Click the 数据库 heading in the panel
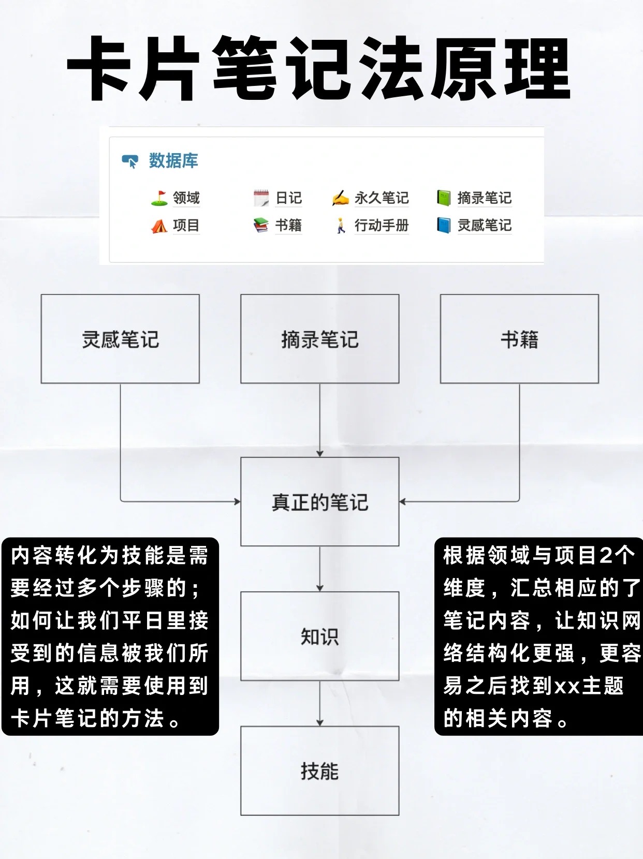pyautogui.click(x=173, y=161)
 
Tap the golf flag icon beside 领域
pyautogui.click(x=159, y=198)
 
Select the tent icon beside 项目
pyautogui.click(x=159, y=226)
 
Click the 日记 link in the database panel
pyautogui.click(x=288, y=198)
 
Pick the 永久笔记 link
pyautogui.click(x=382, y=198)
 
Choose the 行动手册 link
pyautogui.click(x=382, y=226)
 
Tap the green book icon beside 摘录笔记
pyautogui.click(x=444, y=198)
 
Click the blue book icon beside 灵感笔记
pyautogui.click(x=444, y=226)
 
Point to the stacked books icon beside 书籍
pyautogui.click(x=261, y=226)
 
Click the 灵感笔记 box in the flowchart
pyautogui.click(x=120, y=339)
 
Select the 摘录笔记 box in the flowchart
pyautogui.click(x=320, y=339)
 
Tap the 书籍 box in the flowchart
pyautogui.click(x=519, y=339)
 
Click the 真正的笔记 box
pyautogui.click(x=320, y=501)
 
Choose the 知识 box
pyautogui.click(x=320, y=636)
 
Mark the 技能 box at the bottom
pyautogui.click(x=320, y=771)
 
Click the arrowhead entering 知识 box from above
pyautogui.click(x=320, y=588)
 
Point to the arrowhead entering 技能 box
pyautogui.click(x=320, y=722)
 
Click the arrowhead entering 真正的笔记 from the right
pyautogui.click(x=403, y=501)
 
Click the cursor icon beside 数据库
pyautogui.click(x=130, y=161)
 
